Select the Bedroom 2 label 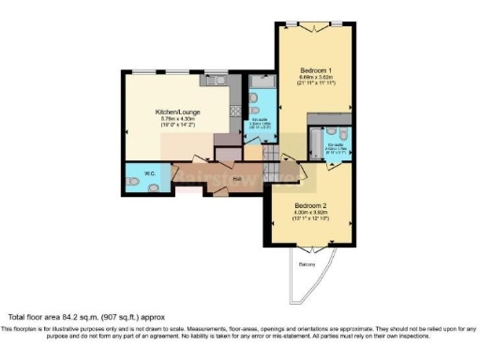(310, 204)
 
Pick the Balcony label (307, 265)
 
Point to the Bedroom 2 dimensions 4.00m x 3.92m (310, 212)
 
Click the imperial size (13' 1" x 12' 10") (310, 218)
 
